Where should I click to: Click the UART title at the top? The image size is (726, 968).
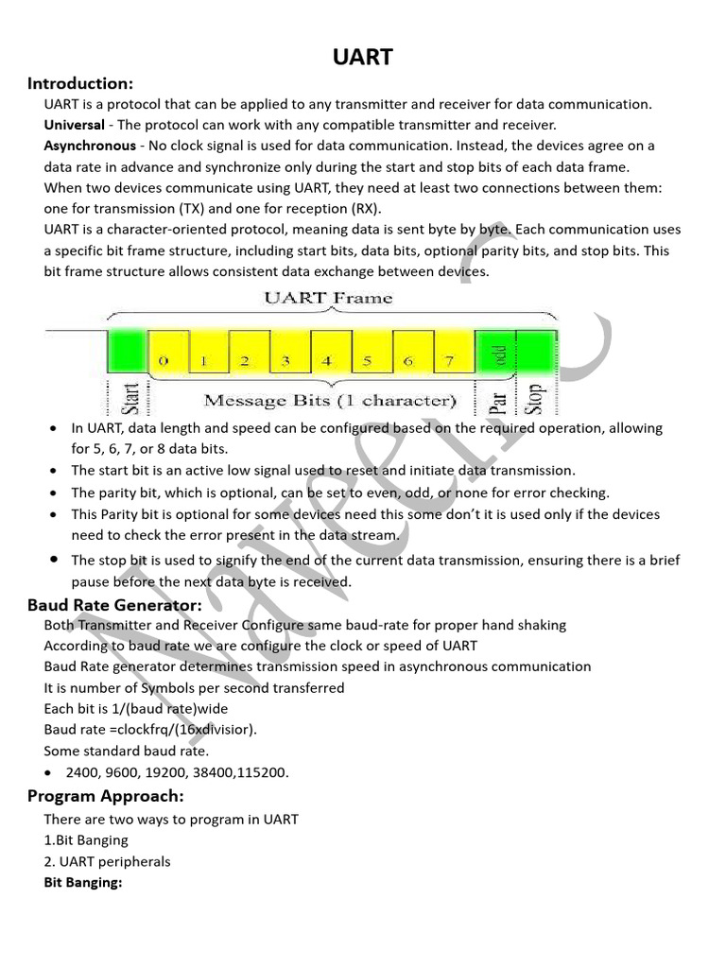pos(363,58)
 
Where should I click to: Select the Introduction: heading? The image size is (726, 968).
pos(80,83)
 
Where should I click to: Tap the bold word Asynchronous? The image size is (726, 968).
pos(90,146)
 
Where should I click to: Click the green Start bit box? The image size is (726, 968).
pos(127,349)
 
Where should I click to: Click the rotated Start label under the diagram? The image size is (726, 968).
pos(130,397)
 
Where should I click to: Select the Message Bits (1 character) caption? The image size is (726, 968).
pos(330,400)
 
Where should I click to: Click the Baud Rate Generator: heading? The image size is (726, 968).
pos(114,605)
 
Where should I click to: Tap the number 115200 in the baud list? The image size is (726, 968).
pos(264,771)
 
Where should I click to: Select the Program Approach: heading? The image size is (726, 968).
pos(105,795)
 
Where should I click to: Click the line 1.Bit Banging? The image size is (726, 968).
pos(86,839)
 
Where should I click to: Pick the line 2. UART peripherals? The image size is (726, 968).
pos(107,861)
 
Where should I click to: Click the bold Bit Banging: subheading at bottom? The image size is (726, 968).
pos(84,883)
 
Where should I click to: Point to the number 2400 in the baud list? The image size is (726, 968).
pos(82,771)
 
